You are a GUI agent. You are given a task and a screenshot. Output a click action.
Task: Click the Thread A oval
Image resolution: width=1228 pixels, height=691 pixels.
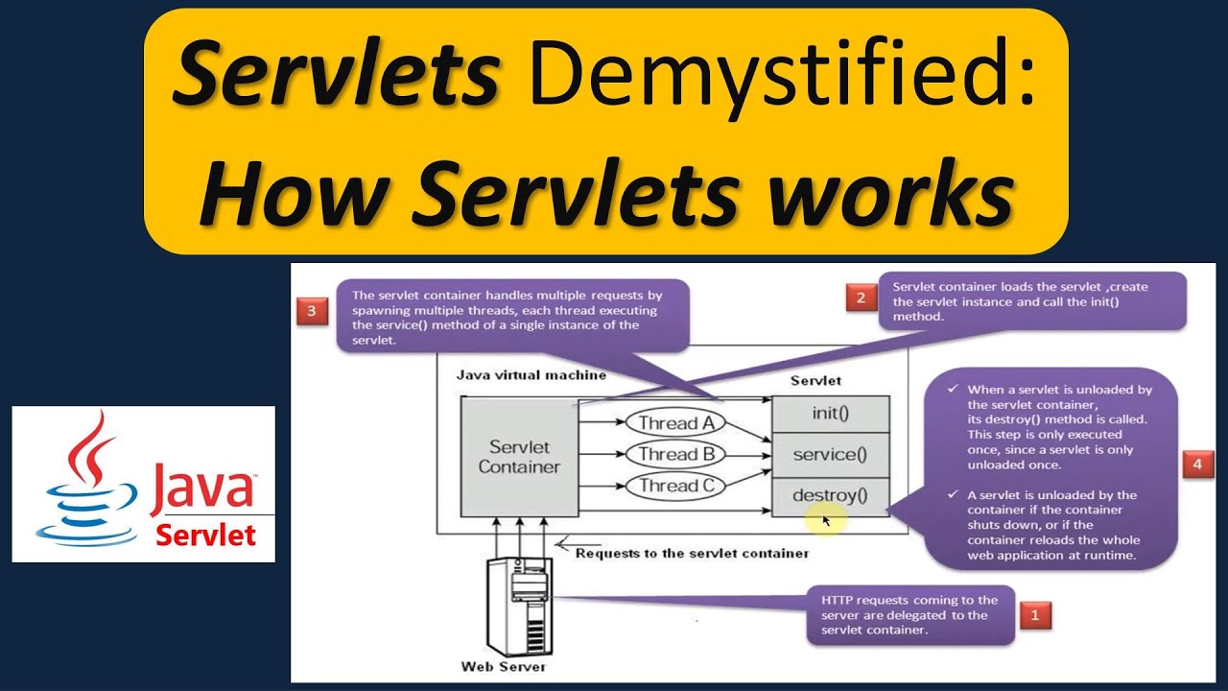point(675,423)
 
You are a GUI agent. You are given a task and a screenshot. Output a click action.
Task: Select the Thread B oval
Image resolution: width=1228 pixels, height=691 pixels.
point(675,454)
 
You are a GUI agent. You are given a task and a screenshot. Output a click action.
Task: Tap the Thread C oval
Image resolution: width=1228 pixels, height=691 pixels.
point(675,486)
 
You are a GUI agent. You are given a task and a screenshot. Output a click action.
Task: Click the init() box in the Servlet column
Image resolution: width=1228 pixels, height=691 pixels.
point(831,414)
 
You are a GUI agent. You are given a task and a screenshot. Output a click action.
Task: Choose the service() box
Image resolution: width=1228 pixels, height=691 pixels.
point(831,455)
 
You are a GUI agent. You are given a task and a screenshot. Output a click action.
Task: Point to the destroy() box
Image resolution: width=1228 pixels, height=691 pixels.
point(831,496)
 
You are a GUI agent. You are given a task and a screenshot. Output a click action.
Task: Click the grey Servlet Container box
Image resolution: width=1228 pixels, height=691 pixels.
point(519,456)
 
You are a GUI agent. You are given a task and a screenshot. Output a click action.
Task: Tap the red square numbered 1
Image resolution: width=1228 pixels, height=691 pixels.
point(1034,614)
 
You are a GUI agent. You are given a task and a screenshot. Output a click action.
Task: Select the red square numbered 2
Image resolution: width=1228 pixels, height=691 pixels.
point(861,298)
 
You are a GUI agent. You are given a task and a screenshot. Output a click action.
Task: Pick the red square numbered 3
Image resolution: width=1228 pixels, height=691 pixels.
point(312,312)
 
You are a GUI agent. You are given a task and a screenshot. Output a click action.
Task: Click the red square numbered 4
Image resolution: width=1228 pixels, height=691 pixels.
point(1196,464)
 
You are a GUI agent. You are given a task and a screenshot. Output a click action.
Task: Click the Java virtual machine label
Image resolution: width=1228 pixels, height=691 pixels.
point(531,375)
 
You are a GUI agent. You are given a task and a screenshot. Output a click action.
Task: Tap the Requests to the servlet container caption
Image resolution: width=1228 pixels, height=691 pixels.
point(692,554)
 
